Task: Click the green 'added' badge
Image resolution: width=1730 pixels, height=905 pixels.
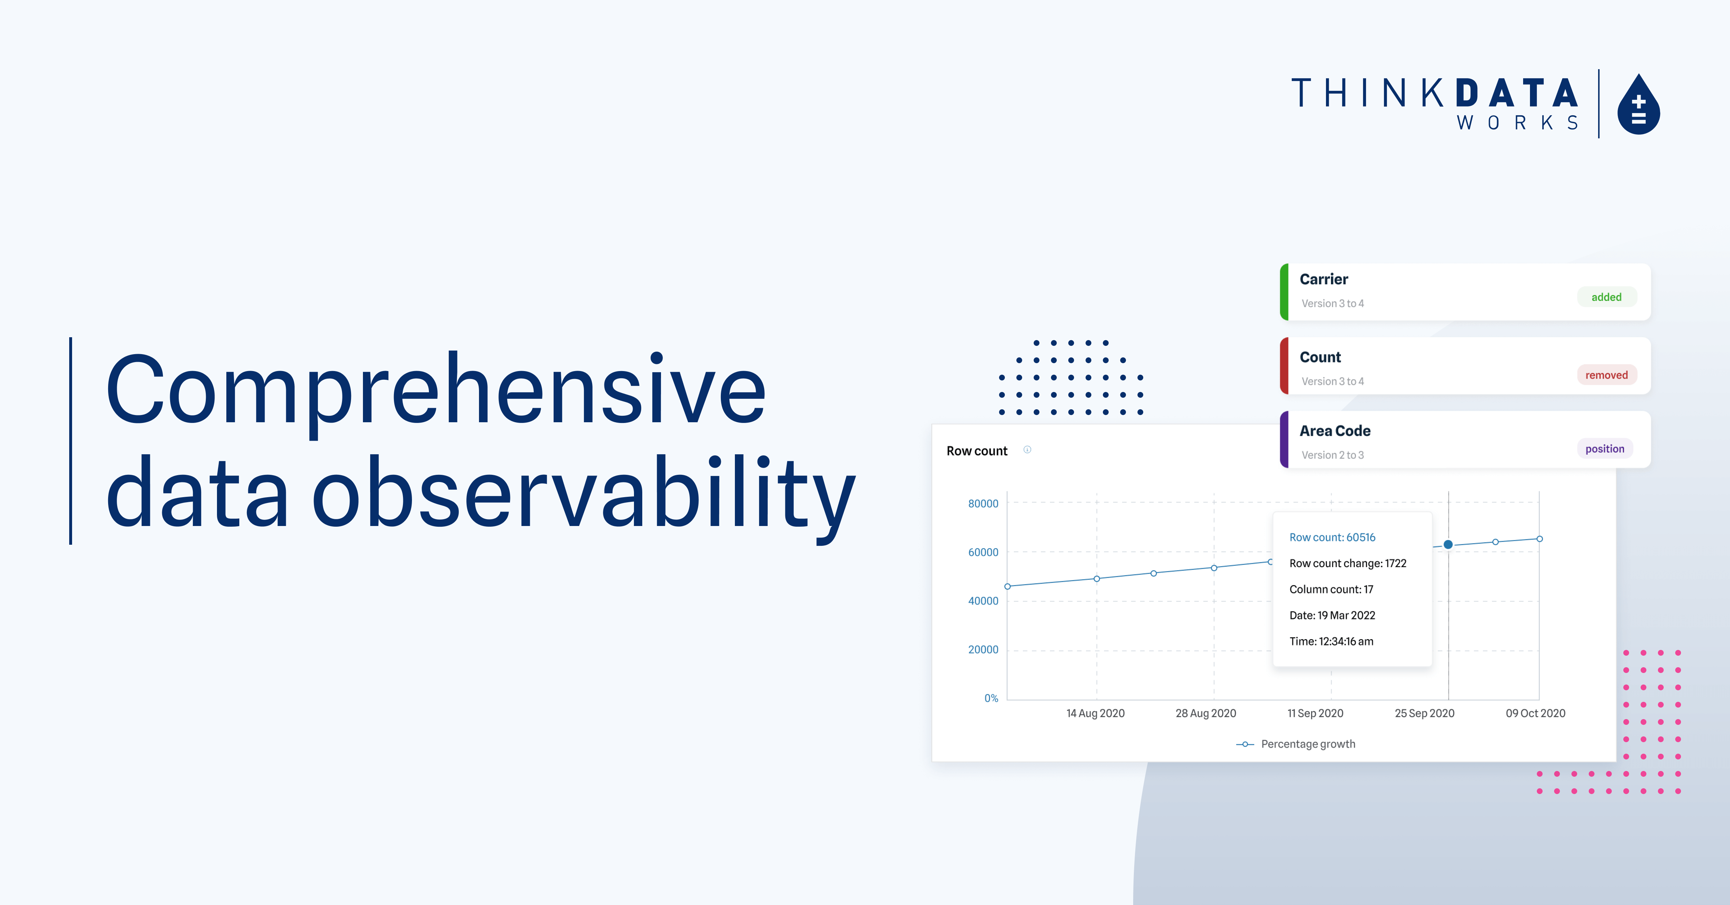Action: (1606, 297)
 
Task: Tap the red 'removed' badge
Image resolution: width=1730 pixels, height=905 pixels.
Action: (1606, 375)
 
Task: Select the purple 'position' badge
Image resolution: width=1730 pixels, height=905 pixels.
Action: (1605, 449)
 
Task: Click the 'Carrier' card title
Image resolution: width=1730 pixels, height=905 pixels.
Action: (1324, 279)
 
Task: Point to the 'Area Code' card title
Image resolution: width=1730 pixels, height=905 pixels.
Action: (1335, 431)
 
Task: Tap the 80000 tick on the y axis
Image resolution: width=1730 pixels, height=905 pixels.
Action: (983, 504)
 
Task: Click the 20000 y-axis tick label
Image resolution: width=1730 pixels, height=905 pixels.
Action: (983, 649)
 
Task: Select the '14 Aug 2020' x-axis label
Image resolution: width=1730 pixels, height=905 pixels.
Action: (1095, 713)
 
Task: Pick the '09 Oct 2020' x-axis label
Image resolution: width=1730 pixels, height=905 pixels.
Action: (1535, 713)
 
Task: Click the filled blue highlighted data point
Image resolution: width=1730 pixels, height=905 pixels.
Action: (1448, 544)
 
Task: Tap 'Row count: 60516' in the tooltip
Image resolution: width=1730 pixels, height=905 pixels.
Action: (1332, 537)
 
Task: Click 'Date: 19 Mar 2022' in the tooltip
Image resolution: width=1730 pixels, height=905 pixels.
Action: (1332, 615)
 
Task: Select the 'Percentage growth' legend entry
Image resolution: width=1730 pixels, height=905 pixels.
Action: (1308, 744)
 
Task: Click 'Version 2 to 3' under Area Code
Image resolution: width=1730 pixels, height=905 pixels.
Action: (1332, 455)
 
